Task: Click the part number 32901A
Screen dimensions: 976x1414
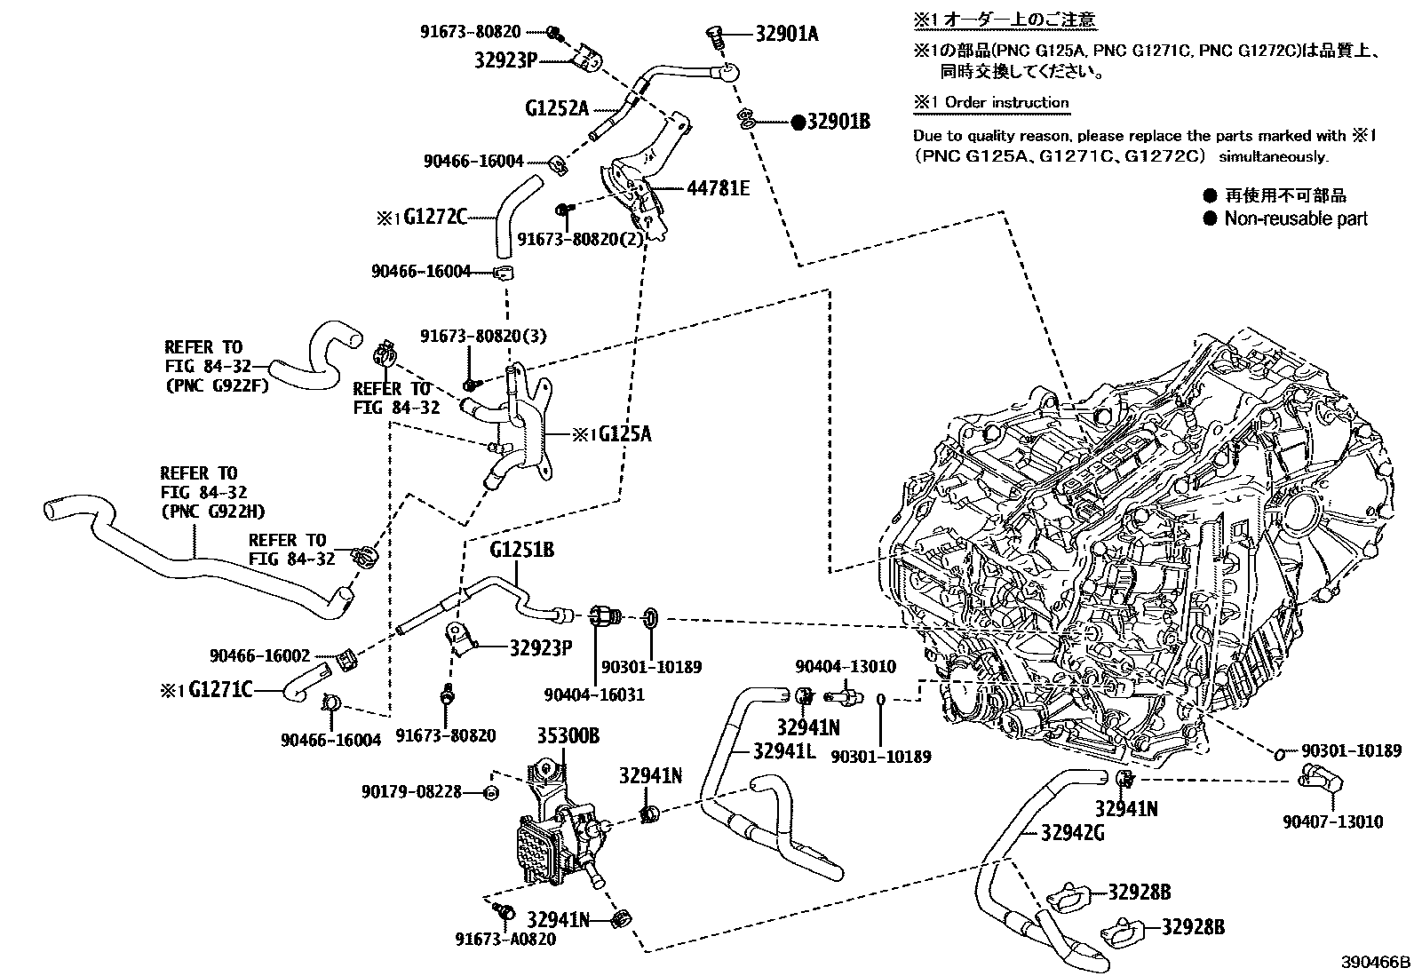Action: click(787, 35)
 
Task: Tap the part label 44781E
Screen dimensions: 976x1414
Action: click(718, 188)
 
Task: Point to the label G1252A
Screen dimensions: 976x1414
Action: click(557, 109)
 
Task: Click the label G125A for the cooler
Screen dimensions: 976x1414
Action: click(624, 433)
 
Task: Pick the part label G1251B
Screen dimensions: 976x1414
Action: click(521, 551)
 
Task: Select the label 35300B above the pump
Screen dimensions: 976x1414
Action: click(568, 735)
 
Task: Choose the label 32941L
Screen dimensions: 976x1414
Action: click(783, 751)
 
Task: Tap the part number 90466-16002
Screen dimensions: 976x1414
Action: click(260, 655)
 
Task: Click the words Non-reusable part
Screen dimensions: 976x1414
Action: click(1296, 218)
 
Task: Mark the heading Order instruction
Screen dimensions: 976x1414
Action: click(1005, 102)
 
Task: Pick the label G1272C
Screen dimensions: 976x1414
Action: click(435, 216)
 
